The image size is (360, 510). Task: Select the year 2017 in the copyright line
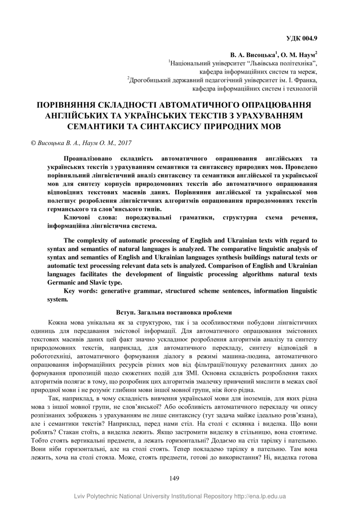coord(124,143)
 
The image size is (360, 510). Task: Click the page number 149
coord(174,478)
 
